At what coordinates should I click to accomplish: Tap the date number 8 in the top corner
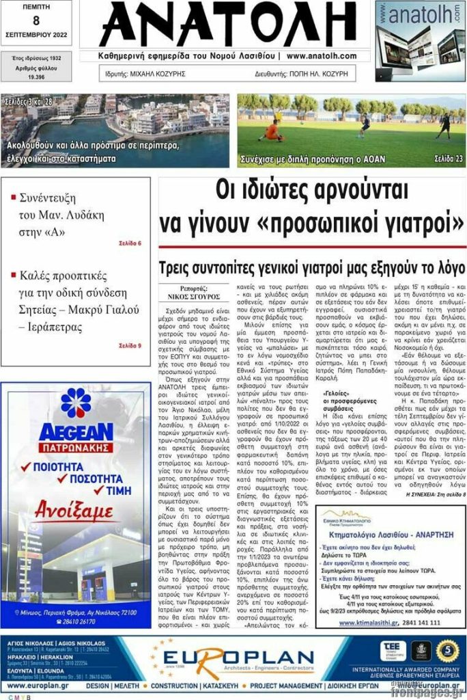(36, 20)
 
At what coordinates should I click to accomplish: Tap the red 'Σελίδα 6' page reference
(130, 243)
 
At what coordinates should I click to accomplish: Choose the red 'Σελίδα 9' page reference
(130, 346)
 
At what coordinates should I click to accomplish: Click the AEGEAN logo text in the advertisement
(75, 432)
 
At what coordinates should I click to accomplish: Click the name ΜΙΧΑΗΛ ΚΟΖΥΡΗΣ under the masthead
(157, 74)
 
